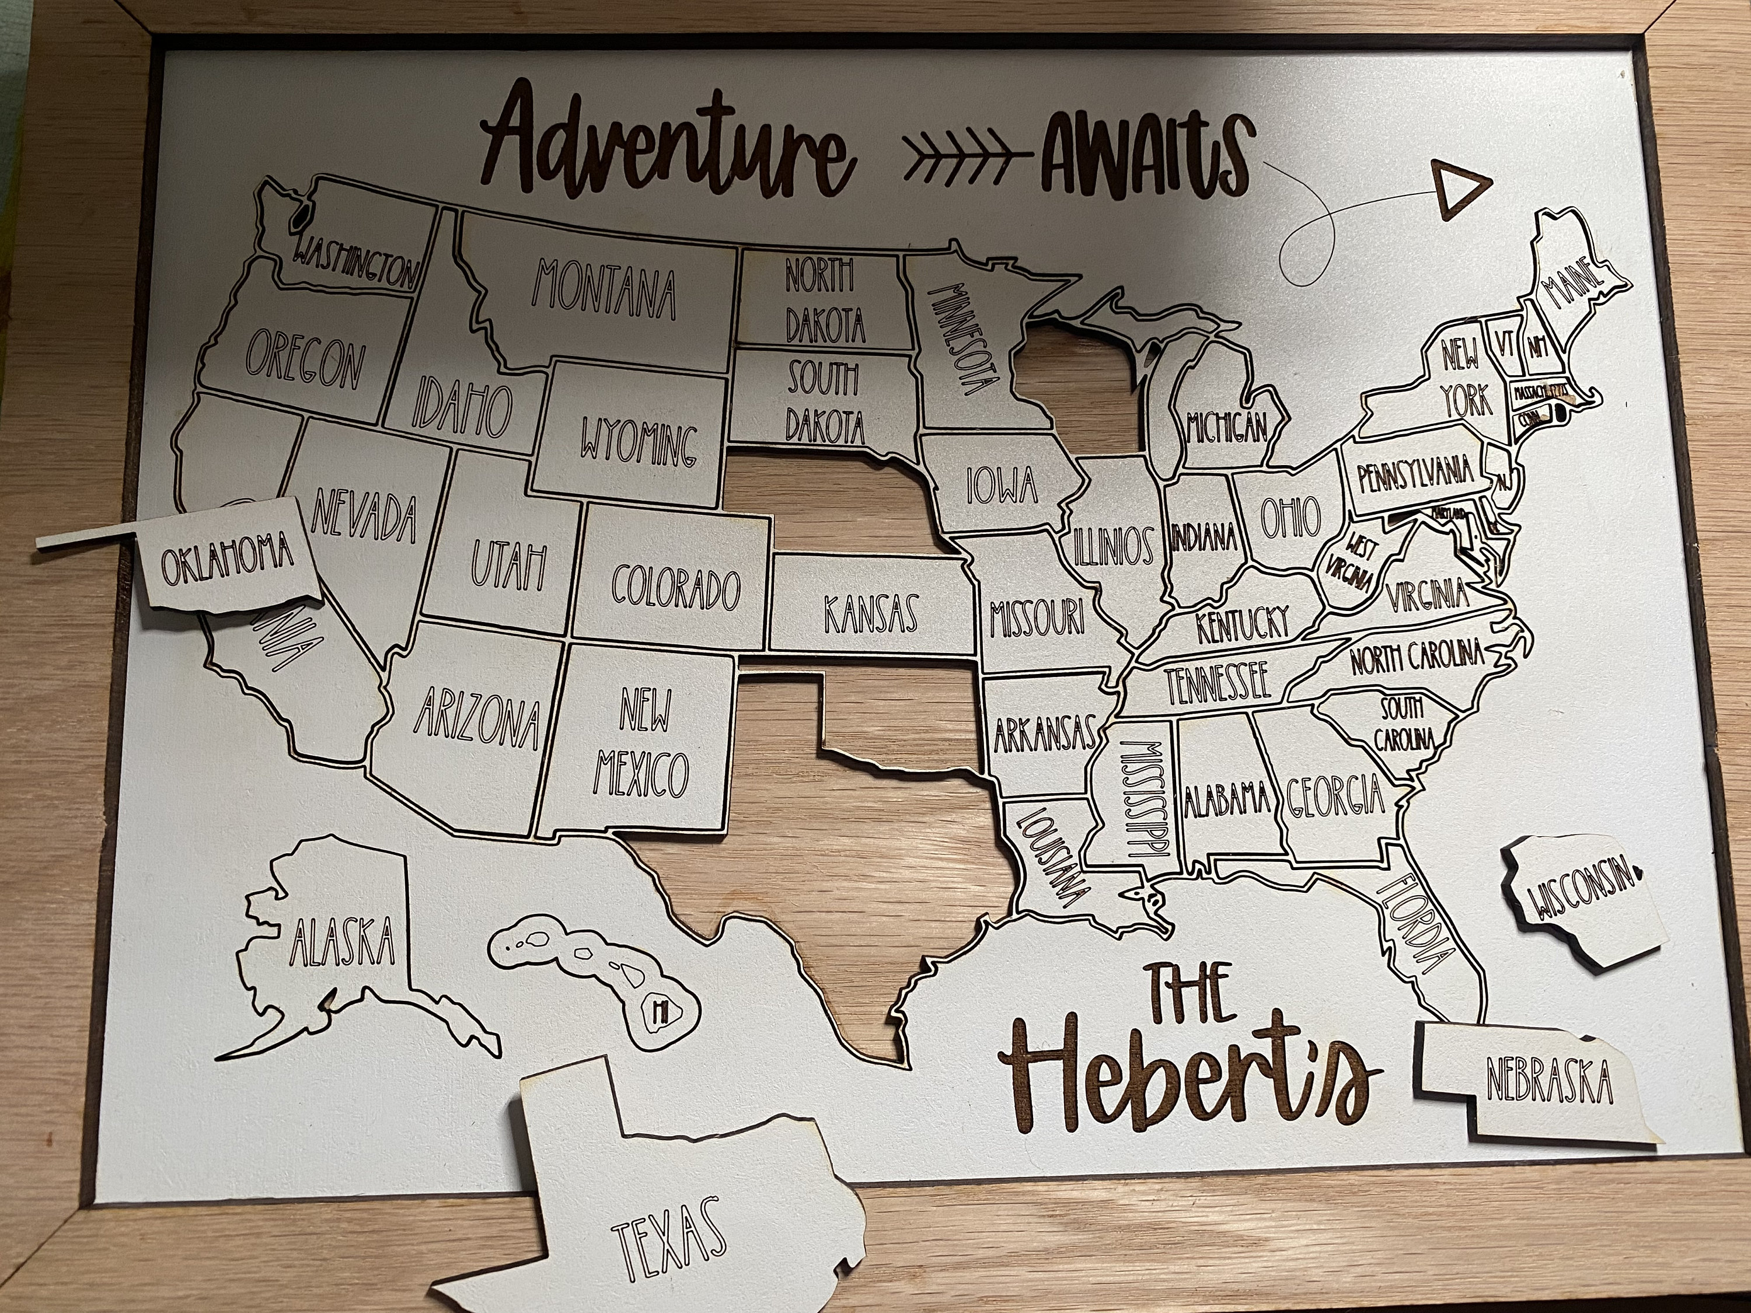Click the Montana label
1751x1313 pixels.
point(606,289)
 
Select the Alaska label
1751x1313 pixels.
point(342,942)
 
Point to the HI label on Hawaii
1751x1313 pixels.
point(658,1009)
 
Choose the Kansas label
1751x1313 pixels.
point(871,613)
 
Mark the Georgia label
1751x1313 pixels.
point(1335,795)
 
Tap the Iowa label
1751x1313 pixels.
point(1002,484)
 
